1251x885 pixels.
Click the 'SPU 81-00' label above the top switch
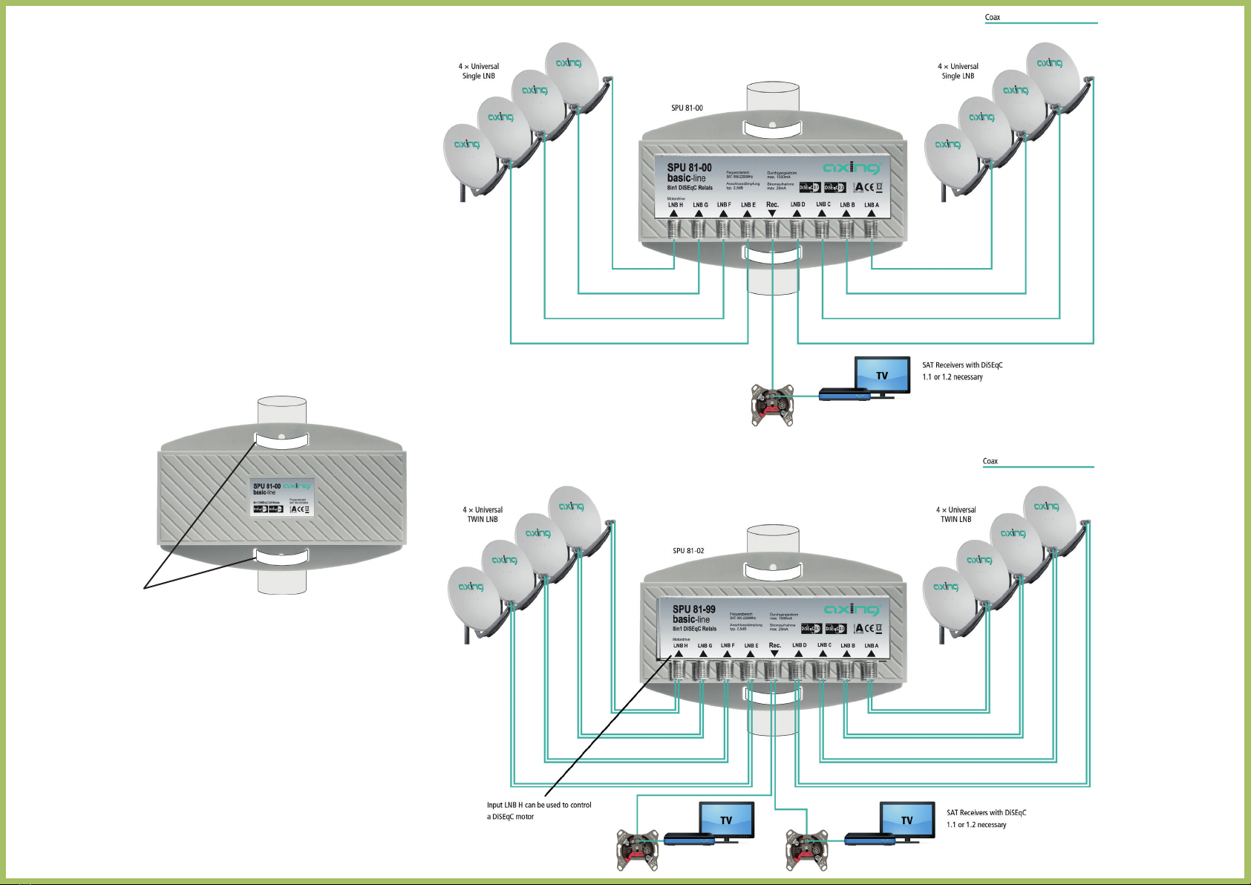687,108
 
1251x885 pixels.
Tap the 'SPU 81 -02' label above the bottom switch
688,551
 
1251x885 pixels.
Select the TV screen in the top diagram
882,374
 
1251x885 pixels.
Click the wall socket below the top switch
772,405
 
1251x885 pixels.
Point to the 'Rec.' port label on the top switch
772,205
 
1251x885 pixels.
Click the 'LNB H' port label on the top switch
675,205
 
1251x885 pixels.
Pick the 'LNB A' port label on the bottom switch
871,646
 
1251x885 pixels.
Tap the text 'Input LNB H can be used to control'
539,805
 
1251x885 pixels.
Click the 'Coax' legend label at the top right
992,17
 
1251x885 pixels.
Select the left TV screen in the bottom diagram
726,820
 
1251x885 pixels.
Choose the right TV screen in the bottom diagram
907,820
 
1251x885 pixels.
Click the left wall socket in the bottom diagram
637,849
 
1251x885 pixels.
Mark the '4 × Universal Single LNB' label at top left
479,71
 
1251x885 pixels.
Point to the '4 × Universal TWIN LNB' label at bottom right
956,515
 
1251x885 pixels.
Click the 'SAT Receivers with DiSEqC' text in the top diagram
962,365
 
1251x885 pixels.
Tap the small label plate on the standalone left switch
281,497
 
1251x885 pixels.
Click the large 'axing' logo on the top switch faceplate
852,168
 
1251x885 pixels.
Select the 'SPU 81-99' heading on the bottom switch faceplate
693,609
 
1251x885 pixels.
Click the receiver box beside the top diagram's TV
844,394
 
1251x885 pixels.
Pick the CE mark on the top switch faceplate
866,187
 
